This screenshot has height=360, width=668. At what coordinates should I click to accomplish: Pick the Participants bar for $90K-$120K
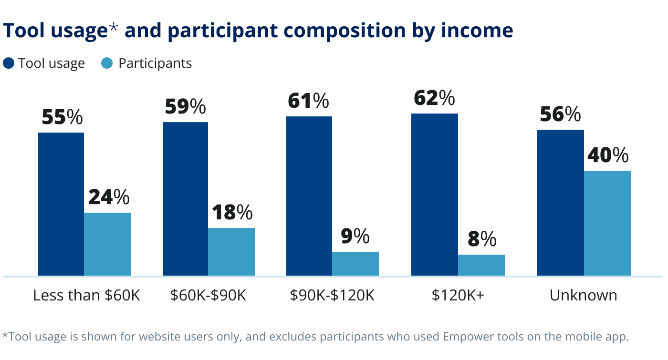355,264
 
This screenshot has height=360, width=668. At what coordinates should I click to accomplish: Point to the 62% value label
434,98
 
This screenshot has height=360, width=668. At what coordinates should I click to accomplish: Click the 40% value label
608,155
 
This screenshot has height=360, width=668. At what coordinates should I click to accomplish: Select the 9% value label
355,237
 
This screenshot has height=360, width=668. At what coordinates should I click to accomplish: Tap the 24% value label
108,197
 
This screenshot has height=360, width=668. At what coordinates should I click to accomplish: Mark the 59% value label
185,107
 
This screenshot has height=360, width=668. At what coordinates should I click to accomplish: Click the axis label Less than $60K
86,296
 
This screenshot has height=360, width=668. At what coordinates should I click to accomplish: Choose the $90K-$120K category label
332,296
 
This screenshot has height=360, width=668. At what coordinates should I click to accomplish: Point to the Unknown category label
583,296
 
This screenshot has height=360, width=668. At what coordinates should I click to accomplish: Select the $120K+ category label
458,296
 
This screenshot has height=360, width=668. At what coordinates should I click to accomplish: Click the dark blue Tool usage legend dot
9,63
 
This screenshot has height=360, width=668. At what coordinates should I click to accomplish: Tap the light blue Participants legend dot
107,63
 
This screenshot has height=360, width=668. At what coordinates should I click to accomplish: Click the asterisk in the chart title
114,29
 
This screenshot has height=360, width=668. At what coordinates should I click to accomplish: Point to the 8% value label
482,239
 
